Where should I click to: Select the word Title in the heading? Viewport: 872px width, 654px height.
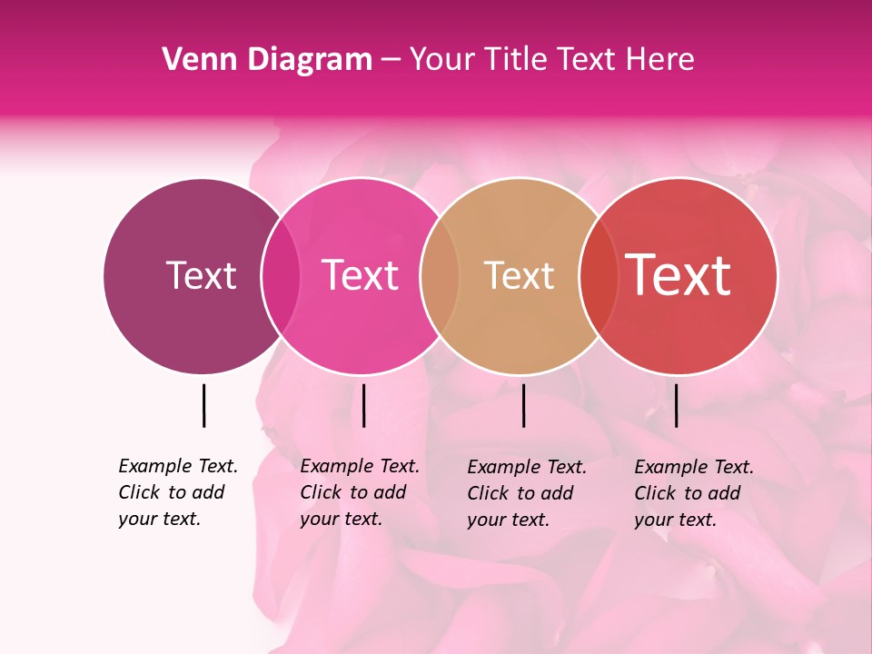(514, 59)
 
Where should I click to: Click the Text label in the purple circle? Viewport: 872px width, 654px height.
(201, 275)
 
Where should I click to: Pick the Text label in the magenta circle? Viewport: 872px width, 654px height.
(360, 275)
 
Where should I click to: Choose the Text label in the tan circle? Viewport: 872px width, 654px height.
(519, 275)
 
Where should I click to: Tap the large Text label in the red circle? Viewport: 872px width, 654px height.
(679, 275)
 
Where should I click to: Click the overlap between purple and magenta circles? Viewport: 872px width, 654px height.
(281, 275)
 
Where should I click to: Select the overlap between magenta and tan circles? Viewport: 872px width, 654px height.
(440, 275)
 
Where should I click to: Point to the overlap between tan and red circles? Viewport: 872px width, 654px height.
(598, 275)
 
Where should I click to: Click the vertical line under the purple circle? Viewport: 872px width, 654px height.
(203, 405)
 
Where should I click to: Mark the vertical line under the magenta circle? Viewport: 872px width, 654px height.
(363, 405)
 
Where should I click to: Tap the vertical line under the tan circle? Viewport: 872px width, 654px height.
(523, 405)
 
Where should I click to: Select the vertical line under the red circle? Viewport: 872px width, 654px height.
(676, 405)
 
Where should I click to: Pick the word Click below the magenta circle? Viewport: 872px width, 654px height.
(320, 492)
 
